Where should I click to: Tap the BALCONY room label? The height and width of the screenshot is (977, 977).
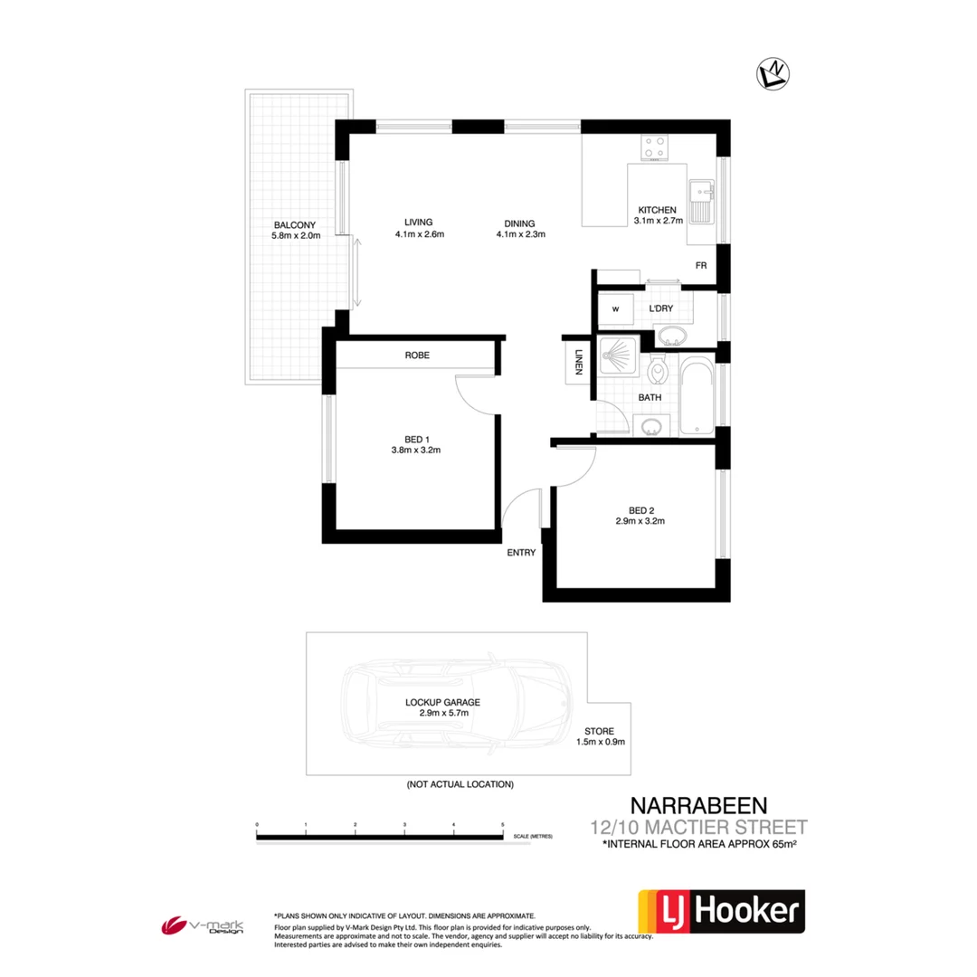pyautogui.click(x=295, y=225)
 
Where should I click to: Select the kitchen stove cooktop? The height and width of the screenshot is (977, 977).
pyautogui.click(x=656, y=147)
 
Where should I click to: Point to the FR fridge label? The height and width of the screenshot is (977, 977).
pyautogui.click(x=701, y=266)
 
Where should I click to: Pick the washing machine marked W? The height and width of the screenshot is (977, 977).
pyautogui.click(x=616, y=309)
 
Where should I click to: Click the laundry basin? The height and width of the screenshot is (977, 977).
pyautogui.click(x=670, y=337)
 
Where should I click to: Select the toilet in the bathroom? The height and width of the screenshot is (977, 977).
pyautogui.click(x=659, y=371)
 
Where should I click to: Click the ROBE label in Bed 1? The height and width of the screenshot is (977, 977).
pyautogui.click(x=417, y=356)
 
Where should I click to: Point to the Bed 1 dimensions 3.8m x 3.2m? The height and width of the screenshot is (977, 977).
pyautogui.click(x=416, y=450)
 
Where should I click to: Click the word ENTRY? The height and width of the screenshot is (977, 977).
pyautogui.click(x=522, y=552)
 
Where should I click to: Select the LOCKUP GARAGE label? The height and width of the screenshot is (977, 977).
pyautogui.click(x=442, y=701)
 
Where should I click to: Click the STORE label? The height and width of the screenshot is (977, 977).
pyautogui.click(x=600, y=730)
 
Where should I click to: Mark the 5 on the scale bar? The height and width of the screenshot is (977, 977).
pyautogui.click(x=502, y=825)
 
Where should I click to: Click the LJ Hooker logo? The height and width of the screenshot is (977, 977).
pyautogui.click(x=721, y=911)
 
